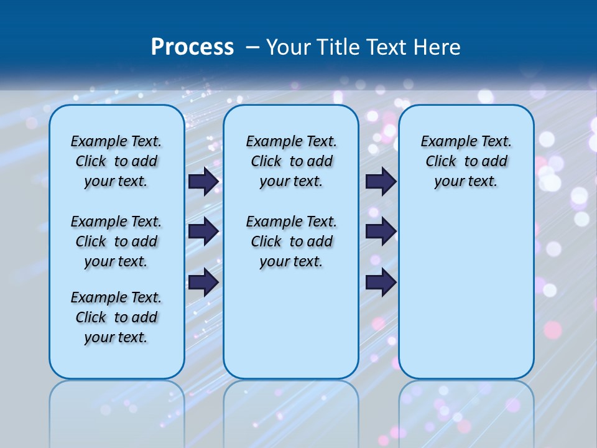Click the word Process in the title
(192, 47)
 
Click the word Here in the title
(437, 47)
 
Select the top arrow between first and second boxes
(203, 181)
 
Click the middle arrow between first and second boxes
(203, 231)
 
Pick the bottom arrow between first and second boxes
(203, 282)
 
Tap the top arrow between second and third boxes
(381, 181)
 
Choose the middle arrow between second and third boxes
(381, 231)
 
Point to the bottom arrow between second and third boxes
(381, 282)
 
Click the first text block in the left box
(116, 161)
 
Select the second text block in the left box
(116, 241)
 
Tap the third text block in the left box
(116, 317)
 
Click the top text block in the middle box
(291, 161)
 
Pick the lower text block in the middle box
(291, 241)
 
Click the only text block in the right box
(466, 161)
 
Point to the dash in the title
(252, 47)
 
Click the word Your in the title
(289, 47)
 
